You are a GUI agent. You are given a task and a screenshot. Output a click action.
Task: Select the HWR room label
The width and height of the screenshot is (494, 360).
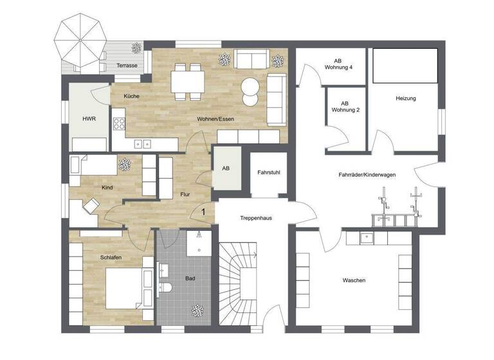coord(89,120)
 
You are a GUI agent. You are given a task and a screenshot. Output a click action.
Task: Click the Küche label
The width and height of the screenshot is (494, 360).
coord(131,96)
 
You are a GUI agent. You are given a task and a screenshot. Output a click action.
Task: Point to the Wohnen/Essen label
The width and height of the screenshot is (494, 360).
coord(214,119)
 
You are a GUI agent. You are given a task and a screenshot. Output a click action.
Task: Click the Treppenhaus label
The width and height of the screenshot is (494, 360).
coord(256,218)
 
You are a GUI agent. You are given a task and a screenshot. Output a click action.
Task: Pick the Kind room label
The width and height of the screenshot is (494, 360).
coord(107,187)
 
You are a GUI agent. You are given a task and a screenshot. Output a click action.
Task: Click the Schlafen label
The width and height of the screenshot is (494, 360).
coord(111,258)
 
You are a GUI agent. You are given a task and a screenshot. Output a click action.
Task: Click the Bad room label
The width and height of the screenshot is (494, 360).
coord(190,279)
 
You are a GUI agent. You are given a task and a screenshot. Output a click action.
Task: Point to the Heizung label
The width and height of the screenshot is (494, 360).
coord(406,98)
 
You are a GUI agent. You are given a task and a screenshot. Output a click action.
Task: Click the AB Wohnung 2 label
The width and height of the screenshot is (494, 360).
coord(345,106)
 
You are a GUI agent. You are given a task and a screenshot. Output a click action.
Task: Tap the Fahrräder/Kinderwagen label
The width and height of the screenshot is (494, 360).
coord(367,175)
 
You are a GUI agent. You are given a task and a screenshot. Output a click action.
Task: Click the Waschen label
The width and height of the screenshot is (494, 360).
coord(354,280)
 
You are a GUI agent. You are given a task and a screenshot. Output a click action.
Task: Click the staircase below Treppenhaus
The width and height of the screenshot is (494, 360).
coord(239,283)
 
